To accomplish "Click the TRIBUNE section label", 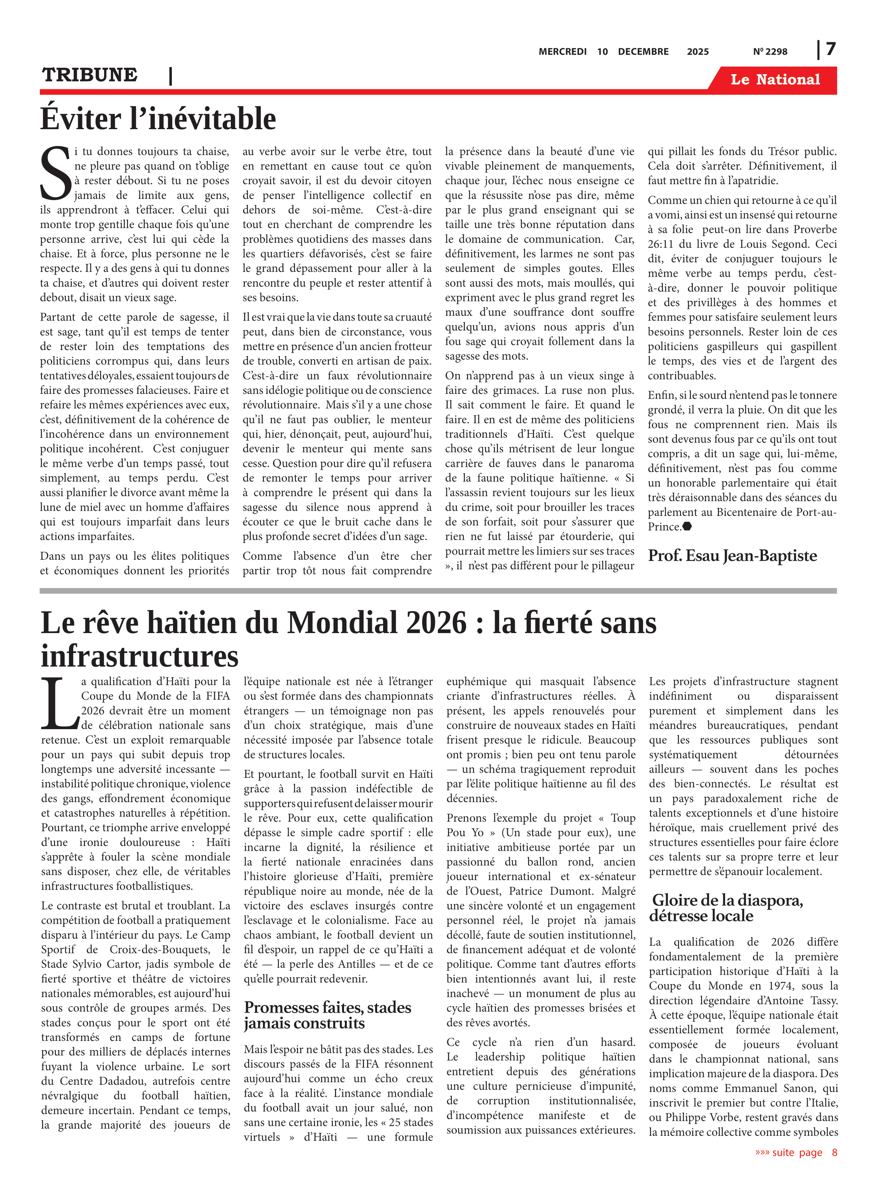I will click(90, 75).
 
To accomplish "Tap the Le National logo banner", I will click(775, 80).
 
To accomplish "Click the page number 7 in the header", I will click(830, 49).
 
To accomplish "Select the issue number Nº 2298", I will click(770, 51).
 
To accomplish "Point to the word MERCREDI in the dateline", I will click(562, 51).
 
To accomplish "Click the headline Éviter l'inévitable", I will click(158, 118).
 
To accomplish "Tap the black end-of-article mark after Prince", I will click(686, 527).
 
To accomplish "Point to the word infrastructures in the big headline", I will click(140, 656).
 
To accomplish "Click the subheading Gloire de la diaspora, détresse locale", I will click(727, 908).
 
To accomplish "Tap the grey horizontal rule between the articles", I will click(438, 591).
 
